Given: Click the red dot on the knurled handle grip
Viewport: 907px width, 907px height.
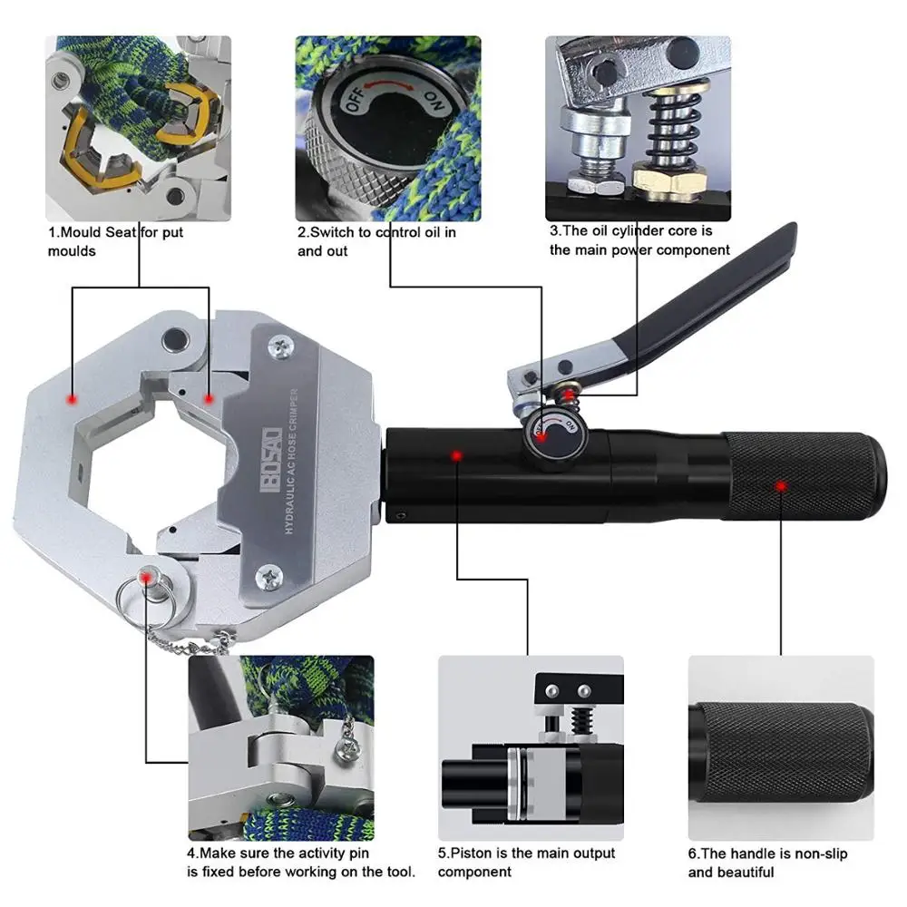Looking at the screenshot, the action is [x=780, y=486].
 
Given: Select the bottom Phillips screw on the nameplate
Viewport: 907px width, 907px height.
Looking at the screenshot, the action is [x=269, y=572].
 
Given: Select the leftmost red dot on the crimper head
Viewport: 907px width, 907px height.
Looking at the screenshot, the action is [x=71, y=398].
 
